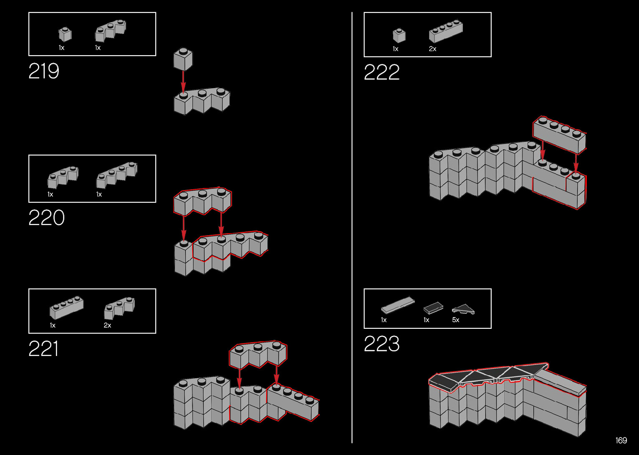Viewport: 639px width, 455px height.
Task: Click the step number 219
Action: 44,71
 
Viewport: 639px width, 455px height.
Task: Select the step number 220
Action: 46,218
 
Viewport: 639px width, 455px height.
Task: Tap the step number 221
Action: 43,349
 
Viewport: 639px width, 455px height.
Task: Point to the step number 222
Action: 381,73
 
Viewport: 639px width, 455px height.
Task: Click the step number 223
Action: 381,344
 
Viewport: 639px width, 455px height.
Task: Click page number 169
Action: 621,440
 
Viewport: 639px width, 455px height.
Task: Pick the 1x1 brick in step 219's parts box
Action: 65,34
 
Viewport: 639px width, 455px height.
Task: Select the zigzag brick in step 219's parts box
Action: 110,31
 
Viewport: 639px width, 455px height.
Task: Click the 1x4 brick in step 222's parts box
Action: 445,31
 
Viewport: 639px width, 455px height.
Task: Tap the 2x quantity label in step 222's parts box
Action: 432,49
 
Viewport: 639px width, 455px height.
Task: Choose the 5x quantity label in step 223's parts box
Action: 455,320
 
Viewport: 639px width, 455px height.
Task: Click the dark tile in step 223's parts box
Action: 433,308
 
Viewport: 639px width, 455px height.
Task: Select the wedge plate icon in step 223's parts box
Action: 463,309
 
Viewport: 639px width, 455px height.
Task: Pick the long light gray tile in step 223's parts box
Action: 397,305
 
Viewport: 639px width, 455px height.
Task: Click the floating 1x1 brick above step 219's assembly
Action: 183,59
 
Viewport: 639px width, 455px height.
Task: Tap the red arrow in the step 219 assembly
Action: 183,82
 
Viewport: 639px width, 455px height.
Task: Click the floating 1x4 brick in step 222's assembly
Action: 559,135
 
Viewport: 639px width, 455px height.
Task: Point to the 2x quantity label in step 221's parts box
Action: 107,325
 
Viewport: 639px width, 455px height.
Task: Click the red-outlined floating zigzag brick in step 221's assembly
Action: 258,354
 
